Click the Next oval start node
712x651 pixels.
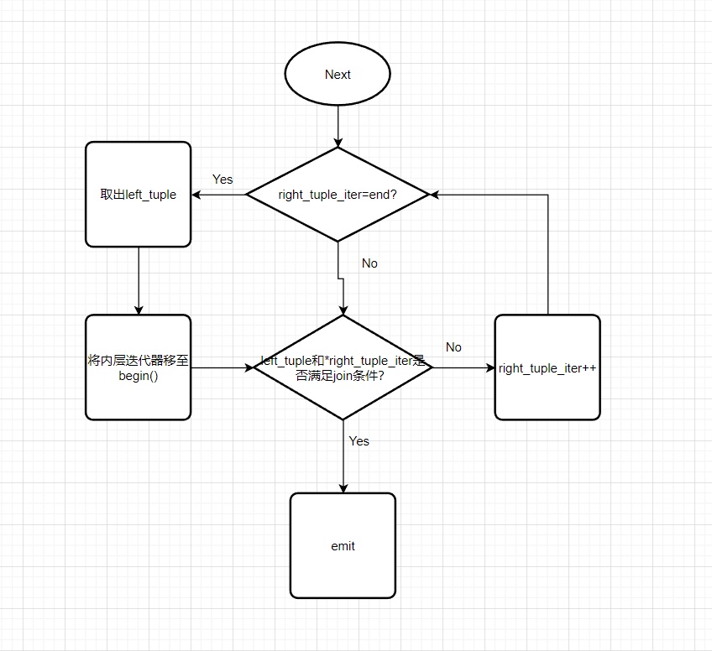(x=338, y=75)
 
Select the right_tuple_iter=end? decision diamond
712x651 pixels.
(x=338, y=195)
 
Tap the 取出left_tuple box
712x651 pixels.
(x=139, y=195)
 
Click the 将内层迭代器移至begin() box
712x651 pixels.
(x=139, y=367)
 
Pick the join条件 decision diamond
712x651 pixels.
(x=343, y=367)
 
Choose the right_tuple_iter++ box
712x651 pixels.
(x=547, y=367)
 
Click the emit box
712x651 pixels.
(x=343, y=545)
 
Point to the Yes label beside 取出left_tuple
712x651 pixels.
(x=222, y=180)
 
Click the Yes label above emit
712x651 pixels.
(x=359, y=441)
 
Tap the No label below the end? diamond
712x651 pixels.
(x=369, y=263)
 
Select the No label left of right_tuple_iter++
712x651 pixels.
(x=453, y=347)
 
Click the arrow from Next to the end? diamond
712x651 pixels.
(x=338, y=126)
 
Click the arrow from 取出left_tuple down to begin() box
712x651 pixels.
(x=139, y=281)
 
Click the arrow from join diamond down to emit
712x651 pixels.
(x=343, y=457)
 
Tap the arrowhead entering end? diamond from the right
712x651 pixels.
(x=435, y=195)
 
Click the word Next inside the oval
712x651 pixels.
(x=338, y=75)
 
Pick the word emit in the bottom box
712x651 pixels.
(x=343, y=546)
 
